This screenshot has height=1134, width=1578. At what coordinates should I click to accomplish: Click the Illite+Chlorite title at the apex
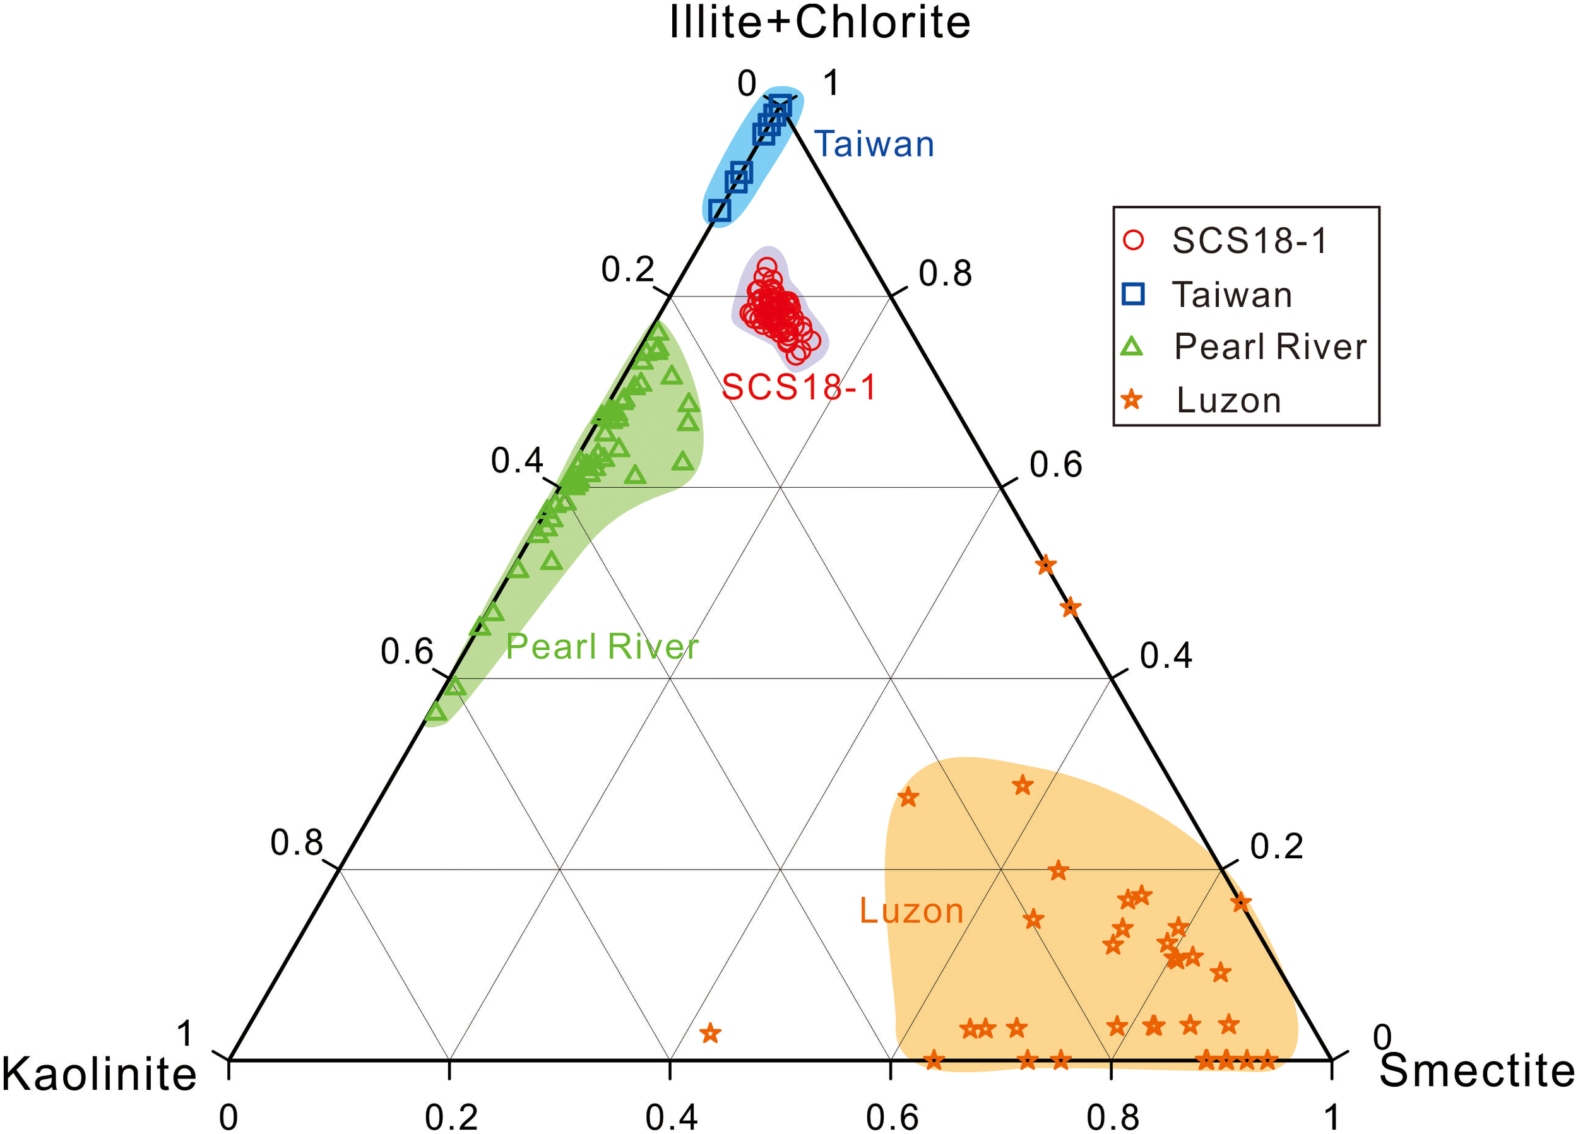(x=820, y=22)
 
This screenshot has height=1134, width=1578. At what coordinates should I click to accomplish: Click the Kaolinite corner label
(x=99, y=1073)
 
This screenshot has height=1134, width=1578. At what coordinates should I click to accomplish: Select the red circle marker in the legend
(x=1134, y=240)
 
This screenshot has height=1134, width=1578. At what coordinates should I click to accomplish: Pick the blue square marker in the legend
(x=1134, y=294)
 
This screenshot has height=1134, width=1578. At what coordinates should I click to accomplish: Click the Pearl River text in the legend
(x=1270, y=346)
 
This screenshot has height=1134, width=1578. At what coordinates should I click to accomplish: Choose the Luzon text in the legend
(x=1229, y=401)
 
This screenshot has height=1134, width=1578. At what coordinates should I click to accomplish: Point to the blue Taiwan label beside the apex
(x=874, y=144)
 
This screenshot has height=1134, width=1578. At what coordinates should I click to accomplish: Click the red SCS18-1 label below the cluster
(x=798, y=387)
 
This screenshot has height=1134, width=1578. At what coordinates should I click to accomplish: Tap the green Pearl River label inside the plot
(x=602, y=646)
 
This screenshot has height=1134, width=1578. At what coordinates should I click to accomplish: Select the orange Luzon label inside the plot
(x=911, y=911)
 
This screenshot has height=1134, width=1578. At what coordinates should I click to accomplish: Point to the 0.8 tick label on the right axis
(x=945, y=273)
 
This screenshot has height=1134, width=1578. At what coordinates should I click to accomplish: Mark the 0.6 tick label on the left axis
(x=407, y=652)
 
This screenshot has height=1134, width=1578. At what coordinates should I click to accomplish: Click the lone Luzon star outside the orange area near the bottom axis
(x=709, y=1033)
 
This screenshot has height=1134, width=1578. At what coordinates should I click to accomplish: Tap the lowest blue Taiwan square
(x=720, y=210)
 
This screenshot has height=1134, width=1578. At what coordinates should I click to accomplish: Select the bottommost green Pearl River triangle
(x=436, y=712)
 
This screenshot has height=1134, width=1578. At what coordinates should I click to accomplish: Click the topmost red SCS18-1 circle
(x=767, y=266)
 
